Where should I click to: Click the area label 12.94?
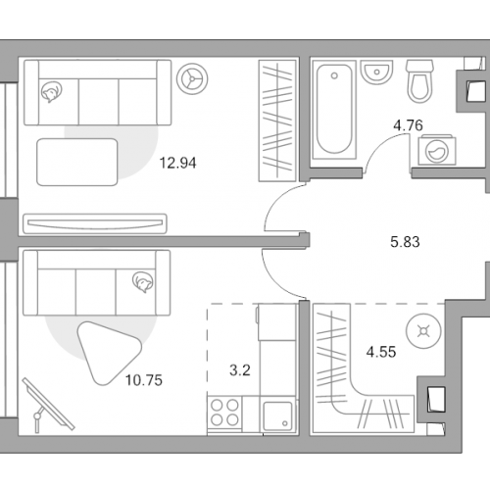click(177, 163)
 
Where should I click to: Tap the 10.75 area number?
click(144, 380)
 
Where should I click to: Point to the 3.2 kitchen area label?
click(240, 370)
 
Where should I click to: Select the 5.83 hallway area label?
click(405, 242)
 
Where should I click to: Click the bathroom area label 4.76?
click(408, 125)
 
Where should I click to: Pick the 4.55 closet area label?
click(381, 352)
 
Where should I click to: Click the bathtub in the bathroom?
click(334, 109)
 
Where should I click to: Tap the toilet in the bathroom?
click(420, 81)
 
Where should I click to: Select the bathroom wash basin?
click(376, 72)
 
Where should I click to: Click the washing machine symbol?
click(437, 151)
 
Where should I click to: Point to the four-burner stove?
click(224, 414)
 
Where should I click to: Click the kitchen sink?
click(278, 416)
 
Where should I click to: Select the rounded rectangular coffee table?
click(77, 162)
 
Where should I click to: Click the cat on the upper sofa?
click(51, 92)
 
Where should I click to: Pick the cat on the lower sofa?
click(143, 282)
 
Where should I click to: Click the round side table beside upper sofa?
click(192, 78)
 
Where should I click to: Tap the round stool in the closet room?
click(423, 331)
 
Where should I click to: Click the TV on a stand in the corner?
click(48, 405)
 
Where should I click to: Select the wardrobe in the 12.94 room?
click(277, 121)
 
